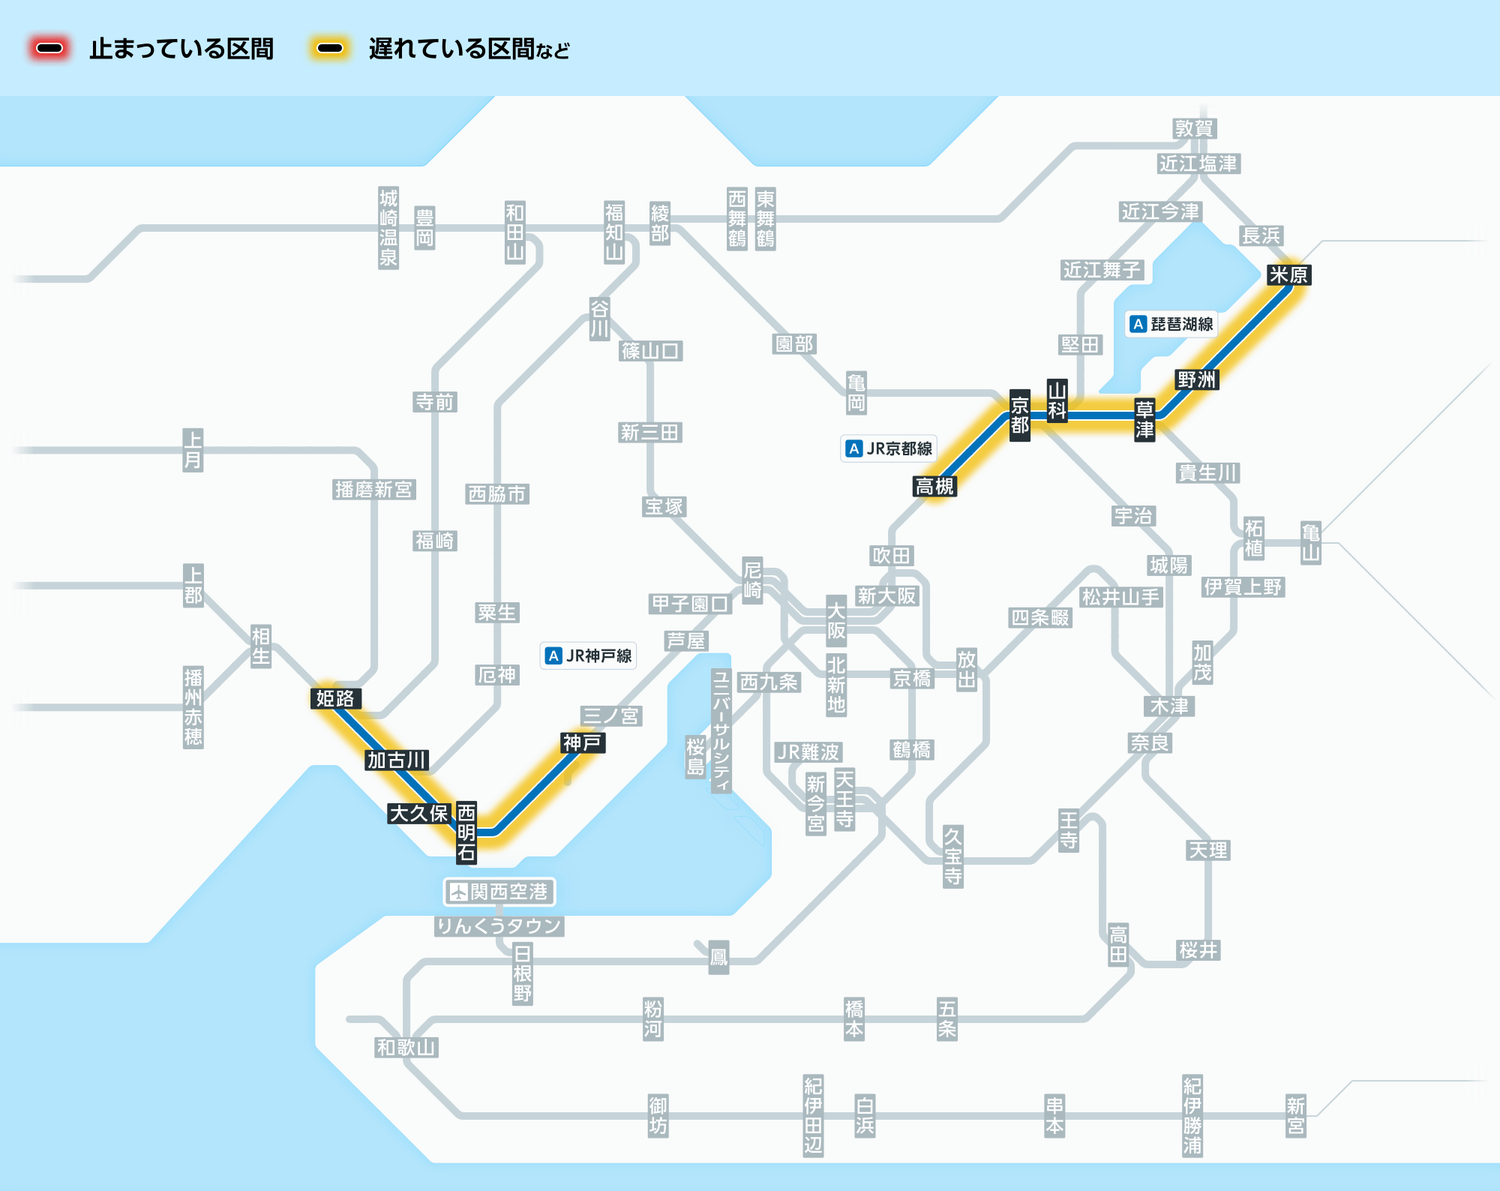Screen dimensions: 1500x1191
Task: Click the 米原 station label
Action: pyautogui.click(x=1288, y=275)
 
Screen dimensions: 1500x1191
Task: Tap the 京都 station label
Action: pyautogui.click(x=1019, y=415)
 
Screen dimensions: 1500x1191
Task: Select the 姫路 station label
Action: pyautogui.click(x=335, y=698)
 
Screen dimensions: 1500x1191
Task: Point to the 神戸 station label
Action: pyautogui.click(x=582, y=742)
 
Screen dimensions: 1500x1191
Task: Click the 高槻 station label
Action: pyautogui.click(x=934, y=486)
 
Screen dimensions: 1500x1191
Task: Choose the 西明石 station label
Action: pyautogui.click(x=466, y=832)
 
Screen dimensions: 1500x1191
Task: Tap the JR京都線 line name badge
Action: pyautogui.click(x=889, y=448)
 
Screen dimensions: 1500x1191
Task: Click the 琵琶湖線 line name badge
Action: pyautogui.click(x=1171, y=324)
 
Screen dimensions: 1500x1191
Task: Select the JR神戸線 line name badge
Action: pyautogui.click(x=589, y=655)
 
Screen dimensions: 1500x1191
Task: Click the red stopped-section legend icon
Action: pyautogui.click(x=49, y=49)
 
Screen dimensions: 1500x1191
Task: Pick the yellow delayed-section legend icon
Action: pyautogui.click(x=330, y=49)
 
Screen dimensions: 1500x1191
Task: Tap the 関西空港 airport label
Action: pyautogui.click(x=499, y=892)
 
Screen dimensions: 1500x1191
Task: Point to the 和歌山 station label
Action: pyautogui.click(x=406, y=1047)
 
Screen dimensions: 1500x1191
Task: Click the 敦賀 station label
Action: pyautogui.click(x=1194, y=128)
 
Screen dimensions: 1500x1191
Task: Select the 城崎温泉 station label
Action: pyautogui.click(x=388, y=228)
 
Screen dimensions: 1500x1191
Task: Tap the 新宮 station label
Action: pyautogui.click(x=1296, y=1116)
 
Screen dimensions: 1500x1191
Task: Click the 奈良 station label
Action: pyautogui.click(x=1150, y=742)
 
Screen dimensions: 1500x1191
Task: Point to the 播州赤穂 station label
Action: pyautogui.click(x=193, y=707)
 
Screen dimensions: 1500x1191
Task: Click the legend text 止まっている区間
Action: pyautogui.click(x=181, y=49)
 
